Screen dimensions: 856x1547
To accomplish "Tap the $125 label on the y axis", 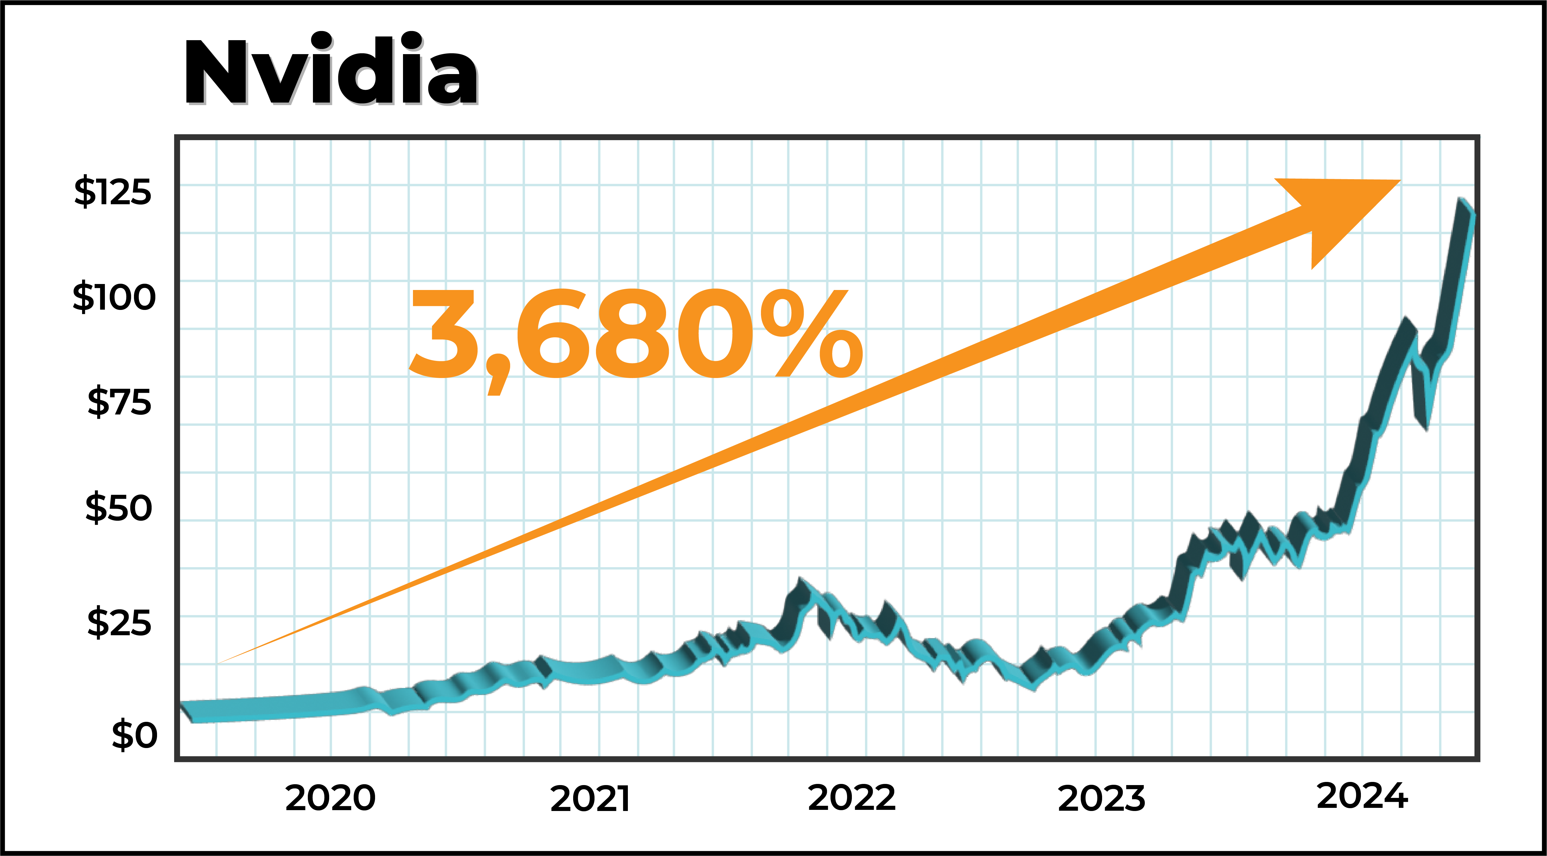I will (113, 192).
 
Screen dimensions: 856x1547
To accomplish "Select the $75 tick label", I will (119, 402).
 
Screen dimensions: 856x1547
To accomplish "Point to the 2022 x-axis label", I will (852, 798).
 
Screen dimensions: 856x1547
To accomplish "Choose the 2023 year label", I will (1101, 799).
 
